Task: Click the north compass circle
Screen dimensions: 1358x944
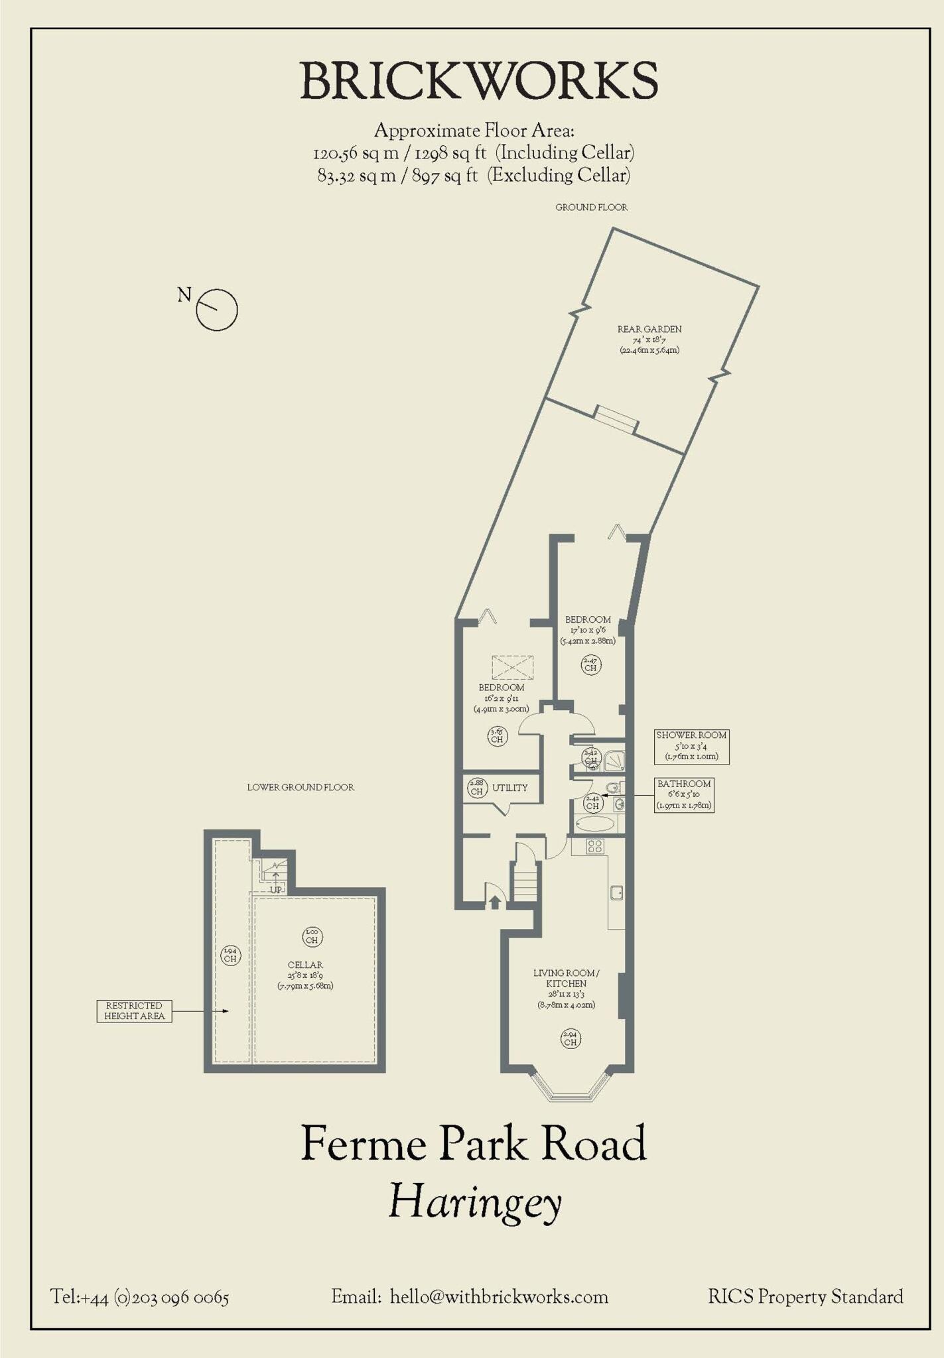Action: click(217, 310)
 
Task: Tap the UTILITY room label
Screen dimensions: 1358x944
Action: click(509, 788)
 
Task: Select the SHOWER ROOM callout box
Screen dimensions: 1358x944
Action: click(691, 746)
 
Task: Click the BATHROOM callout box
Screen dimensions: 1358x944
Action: click(684, 794)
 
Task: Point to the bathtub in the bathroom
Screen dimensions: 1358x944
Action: click(595, 824)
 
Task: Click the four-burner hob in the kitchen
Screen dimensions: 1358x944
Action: click(594, 846)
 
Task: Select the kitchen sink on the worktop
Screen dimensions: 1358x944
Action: click(616, 893)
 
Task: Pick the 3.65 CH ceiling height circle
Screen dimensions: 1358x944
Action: click(497, 736)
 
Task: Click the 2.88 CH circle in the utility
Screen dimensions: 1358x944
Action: click(476, 787)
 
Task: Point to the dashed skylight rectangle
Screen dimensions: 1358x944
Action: click(512, 667)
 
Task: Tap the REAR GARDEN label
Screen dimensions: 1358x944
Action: click(649, 329)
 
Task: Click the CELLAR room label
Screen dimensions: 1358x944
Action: click(305, 965)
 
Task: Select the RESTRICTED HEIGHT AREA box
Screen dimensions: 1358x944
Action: click(134, 1011)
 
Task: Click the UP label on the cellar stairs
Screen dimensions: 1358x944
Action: click(276, 890)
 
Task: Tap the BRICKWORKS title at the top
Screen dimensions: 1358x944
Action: click(479, 81)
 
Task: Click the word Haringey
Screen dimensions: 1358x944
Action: click(474, 1202)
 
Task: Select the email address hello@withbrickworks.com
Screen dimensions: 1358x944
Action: click(499, 1296)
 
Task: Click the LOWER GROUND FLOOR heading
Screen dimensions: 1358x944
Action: click(301, 787)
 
